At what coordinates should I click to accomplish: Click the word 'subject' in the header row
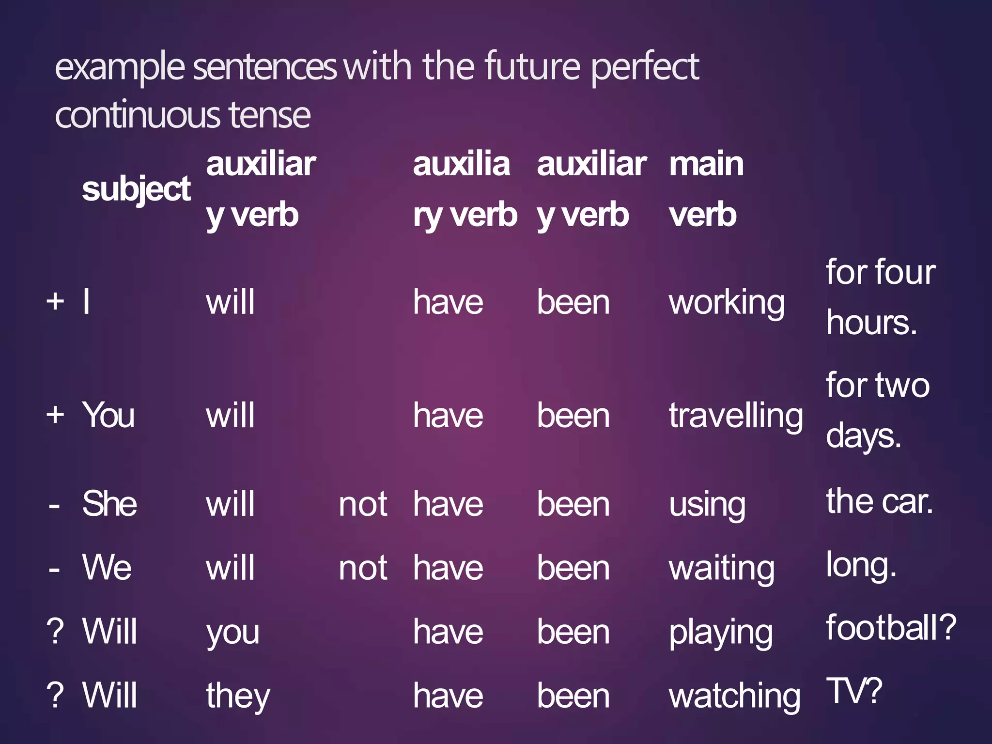(x=136, y=189)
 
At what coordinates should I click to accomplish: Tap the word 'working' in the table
(x=727, y=303)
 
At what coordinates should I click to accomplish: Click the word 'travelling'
(x=735, y=417)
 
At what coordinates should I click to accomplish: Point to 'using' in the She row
(x=707, y=505)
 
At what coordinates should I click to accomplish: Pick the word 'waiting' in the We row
(x=721, y=569)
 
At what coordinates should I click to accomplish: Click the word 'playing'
(x=720, y=633)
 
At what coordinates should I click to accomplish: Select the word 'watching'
(x=734, y=697)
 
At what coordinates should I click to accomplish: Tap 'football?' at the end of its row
(x=891, y=628)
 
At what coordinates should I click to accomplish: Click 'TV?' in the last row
(x=854, y=691)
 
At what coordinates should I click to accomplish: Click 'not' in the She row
(x=363, y=505)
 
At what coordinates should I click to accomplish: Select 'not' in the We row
(x=363, y=568)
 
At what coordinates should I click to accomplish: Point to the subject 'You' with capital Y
(x=108, y=416)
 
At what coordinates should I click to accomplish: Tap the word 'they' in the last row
(x=238, y=697)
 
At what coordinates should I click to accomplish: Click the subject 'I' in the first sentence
(x=86, y=302)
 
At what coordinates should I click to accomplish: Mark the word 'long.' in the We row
(x=861, y=565)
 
